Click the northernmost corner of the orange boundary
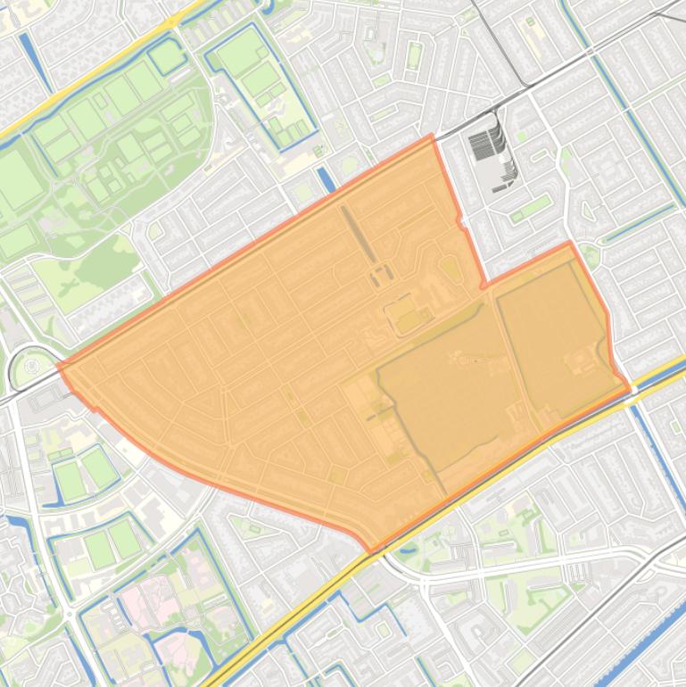click(x=433, y=136)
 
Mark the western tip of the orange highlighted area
click(x=58, y=365)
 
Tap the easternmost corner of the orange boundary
click(x=630, y=389)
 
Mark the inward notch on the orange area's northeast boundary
click(x=483, y=286)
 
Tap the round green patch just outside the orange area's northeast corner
click(x=589, y=255)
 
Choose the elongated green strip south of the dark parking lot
click(x=533, y=207)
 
